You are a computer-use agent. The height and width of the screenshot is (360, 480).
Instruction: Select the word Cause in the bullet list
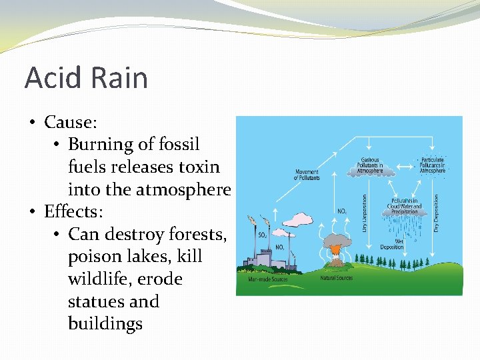[x=69, y=122]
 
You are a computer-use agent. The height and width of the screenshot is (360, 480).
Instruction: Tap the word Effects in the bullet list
[x=73, y=212]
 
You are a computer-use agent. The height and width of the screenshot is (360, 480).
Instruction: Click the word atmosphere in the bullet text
[x=183, y=190]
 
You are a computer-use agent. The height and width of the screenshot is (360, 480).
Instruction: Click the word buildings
[x=105, y=324]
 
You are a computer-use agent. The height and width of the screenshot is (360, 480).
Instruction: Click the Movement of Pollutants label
[x=307, y=175]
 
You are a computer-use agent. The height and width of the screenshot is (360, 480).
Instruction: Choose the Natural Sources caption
[x=337, y=277]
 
